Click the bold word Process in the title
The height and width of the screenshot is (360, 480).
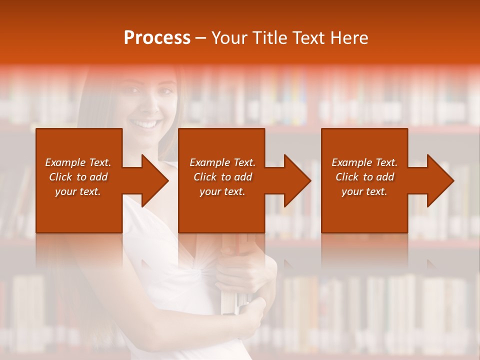coord(157,38)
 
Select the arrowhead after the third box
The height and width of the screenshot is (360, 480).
coord(439,180)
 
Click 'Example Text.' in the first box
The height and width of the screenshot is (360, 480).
coord(78,162)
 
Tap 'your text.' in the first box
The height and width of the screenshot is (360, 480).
coord(78,191)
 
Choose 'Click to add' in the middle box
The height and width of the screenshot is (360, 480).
coord(222,177)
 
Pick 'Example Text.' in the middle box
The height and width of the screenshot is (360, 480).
coord(222,162)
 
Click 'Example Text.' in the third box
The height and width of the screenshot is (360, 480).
coord(364,162)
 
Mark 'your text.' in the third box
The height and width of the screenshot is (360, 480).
coord(364,191)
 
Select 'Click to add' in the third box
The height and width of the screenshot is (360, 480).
coord(364,177)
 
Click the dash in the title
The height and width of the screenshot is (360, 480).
coord(201,38)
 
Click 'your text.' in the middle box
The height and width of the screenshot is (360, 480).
coord(222,191)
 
